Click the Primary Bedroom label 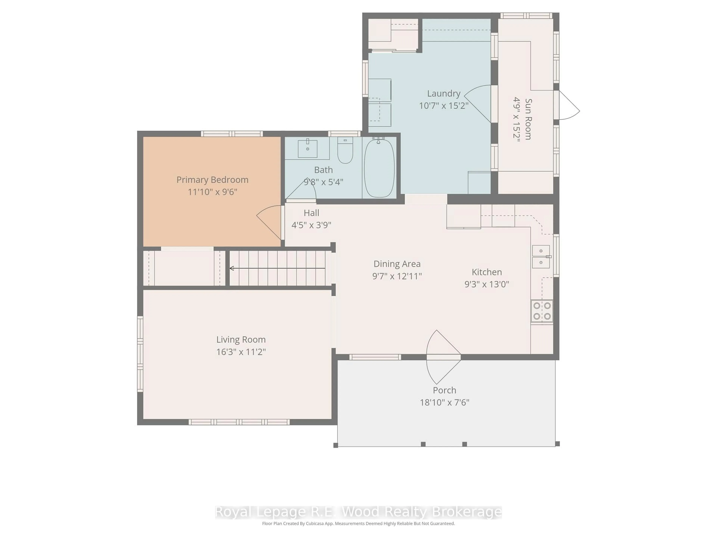[x=212, y=180]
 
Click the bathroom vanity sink [x=307, y=149]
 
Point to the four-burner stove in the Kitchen [x=542, y=311]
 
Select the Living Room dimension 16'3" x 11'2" [x=241, y=352]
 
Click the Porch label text [x=444, y=390]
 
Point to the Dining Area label [x=397, y=264]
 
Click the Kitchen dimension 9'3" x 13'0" [x=487, y=284]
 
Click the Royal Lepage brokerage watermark [x=358, y=512]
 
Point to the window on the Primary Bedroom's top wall [x=232, y=134]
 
